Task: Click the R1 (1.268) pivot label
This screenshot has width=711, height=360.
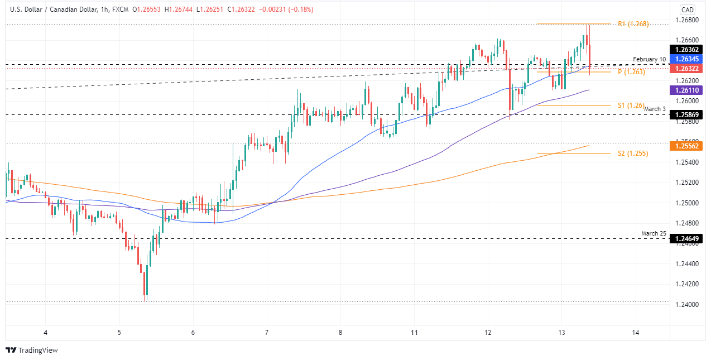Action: coord(633,24)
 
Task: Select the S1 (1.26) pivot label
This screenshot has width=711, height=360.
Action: coord(631,105)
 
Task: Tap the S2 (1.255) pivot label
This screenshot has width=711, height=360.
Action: coord(633,153)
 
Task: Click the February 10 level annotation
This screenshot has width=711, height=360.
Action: coord(649,59)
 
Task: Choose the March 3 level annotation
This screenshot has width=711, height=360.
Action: coord(655,109)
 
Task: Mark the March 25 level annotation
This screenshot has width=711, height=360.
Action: coord(653,233)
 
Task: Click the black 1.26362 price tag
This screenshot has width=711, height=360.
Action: coord(688,50)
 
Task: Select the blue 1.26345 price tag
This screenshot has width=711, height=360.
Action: coord(688,59)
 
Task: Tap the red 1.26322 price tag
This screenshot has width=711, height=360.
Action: coord(688,69)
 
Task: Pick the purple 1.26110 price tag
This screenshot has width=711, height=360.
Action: coord(688,90)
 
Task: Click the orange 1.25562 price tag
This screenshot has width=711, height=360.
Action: coord(688,146)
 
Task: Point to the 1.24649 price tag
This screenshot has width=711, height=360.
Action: coord(688,239)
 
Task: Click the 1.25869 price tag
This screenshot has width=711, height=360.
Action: coord(688,114)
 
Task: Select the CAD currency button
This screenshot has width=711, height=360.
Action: coord(688,10)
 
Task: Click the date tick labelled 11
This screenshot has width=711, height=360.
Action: coord(414,333)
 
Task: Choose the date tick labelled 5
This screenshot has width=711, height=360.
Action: coord(119,333)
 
